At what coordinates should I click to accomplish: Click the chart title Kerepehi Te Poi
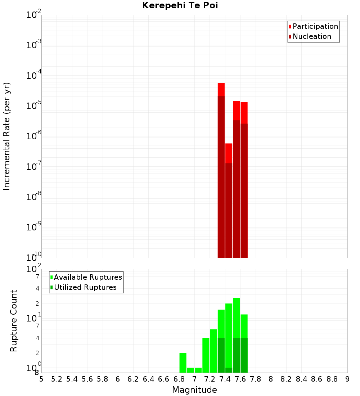pyautogui.click(x=180, y=6)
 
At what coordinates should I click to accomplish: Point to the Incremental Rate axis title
pyautogui.click(x=7, y=136)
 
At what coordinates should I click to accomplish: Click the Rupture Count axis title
pyautogui.click(x=14, y=321)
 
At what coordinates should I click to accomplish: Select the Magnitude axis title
pyautogui.click(x=194, y=390)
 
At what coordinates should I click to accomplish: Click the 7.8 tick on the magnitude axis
pyautogui.click(x=256, y=379)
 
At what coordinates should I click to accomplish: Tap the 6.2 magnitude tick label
pyautogui.click(x=133, y=379)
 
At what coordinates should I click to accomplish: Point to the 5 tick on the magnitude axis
pyautogui.click(x=41, y=379)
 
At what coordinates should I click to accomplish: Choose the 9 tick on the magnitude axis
pyautogui.click(x=347, y=379)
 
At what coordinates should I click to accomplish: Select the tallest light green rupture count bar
pyautogui.click(x=236, y=317)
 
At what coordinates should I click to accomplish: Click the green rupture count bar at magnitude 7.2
pyautogui.click(x=206, y=355)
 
